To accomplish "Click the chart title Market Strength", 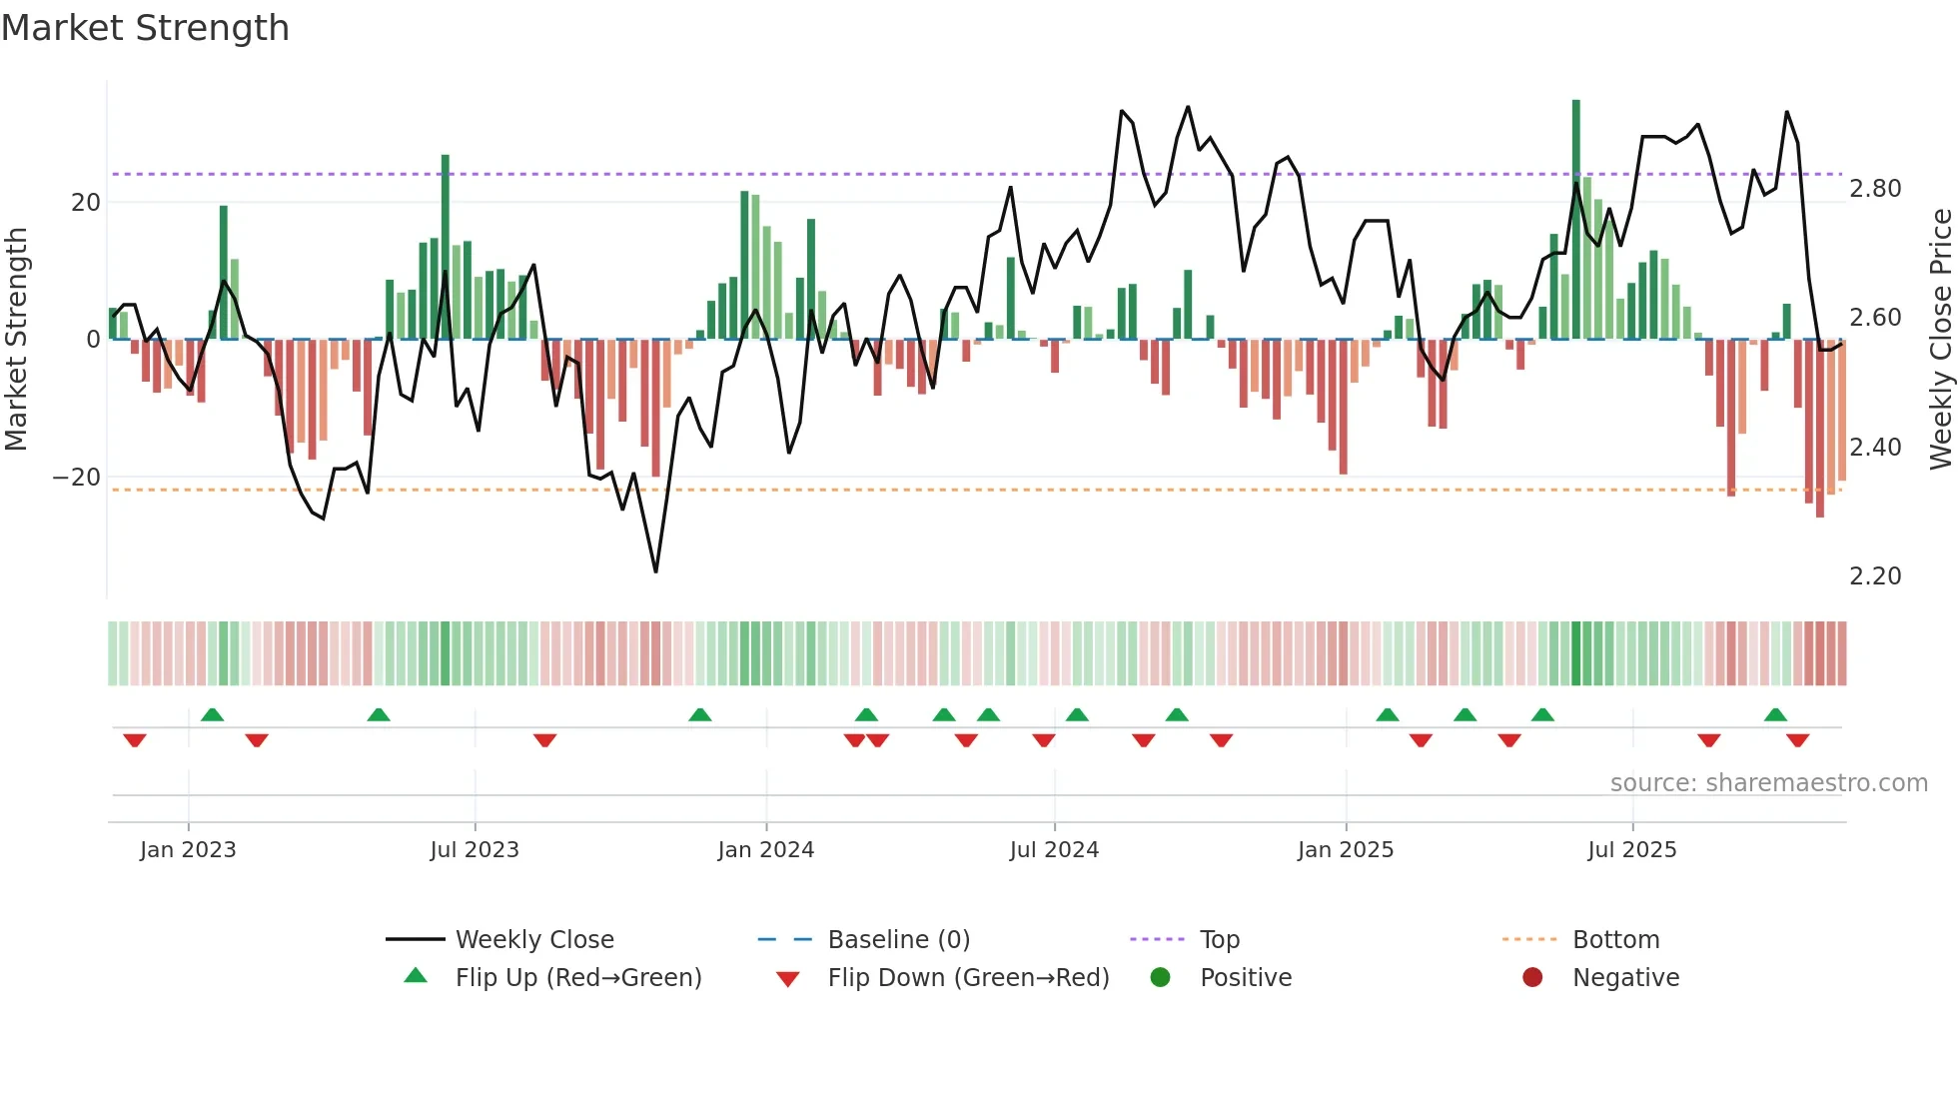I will point(146,28).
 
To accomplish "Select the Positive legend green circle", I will point(1160,977).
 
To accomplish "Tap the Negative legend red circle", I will point(1532,977).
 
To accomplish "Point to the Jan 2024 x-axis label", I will point(765,850).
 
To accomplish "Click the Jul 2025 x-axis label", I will point(1631,850).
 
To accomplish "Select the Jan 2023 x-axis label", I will point(188,850).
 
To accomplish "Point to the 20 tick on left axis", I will point(86,203).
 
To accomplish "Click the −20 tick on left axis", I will point(77,478).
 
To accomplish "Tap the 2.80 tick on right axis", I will point(1875,189).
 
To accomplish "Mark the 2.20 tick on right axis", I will point(1875,576).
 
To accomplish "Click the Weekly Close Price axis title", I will point(1940,340).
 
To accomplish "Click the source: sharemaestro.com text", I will point(1768,783).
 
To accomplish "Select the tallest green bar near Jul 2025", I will point(1576,220).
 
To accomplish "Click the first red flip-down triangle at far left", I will point(135,740).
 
